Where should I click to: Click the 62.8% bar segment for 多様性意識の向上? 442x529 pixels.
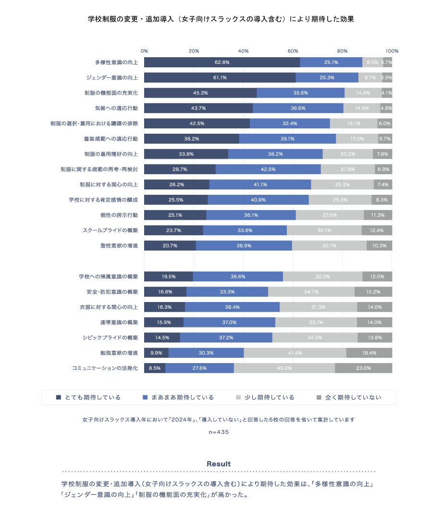222,62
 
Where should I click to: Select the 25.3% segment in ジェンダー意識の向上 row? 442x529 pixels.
327,77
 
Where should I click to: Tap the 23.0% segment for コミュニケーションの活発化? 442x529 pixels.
363,368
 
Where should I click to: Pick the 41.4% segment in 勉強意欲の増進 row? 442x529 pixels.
295,353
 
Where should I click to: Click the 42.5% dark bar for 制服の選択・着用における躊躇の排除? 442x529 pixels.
197,124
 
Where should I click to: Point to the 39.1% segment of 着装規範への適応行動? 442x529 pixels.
287,139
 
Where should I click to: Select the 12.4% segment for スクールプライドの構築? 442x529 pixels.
377,230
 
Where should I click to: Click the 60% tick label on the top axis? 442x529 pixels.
293,51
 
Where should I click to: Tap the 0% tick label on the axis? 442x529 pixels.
144,51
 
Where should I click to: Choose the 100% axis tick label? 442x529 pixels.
392,51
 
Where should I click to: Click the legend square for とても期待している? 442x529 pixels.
59,397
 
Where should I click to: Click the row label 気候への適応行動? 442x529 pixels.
116,108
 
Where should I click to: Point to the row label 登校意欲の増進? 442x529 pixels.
119,246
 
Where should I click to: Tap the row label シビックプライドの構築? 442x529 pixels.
110,338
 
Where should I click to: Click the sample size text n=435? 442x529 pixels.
219,432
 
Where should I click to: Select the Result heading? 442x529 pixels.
219,464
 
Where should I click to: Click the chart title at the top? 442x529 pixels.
221,20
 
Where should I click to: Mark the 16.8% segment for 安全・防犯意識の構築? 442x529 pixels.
165,292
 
